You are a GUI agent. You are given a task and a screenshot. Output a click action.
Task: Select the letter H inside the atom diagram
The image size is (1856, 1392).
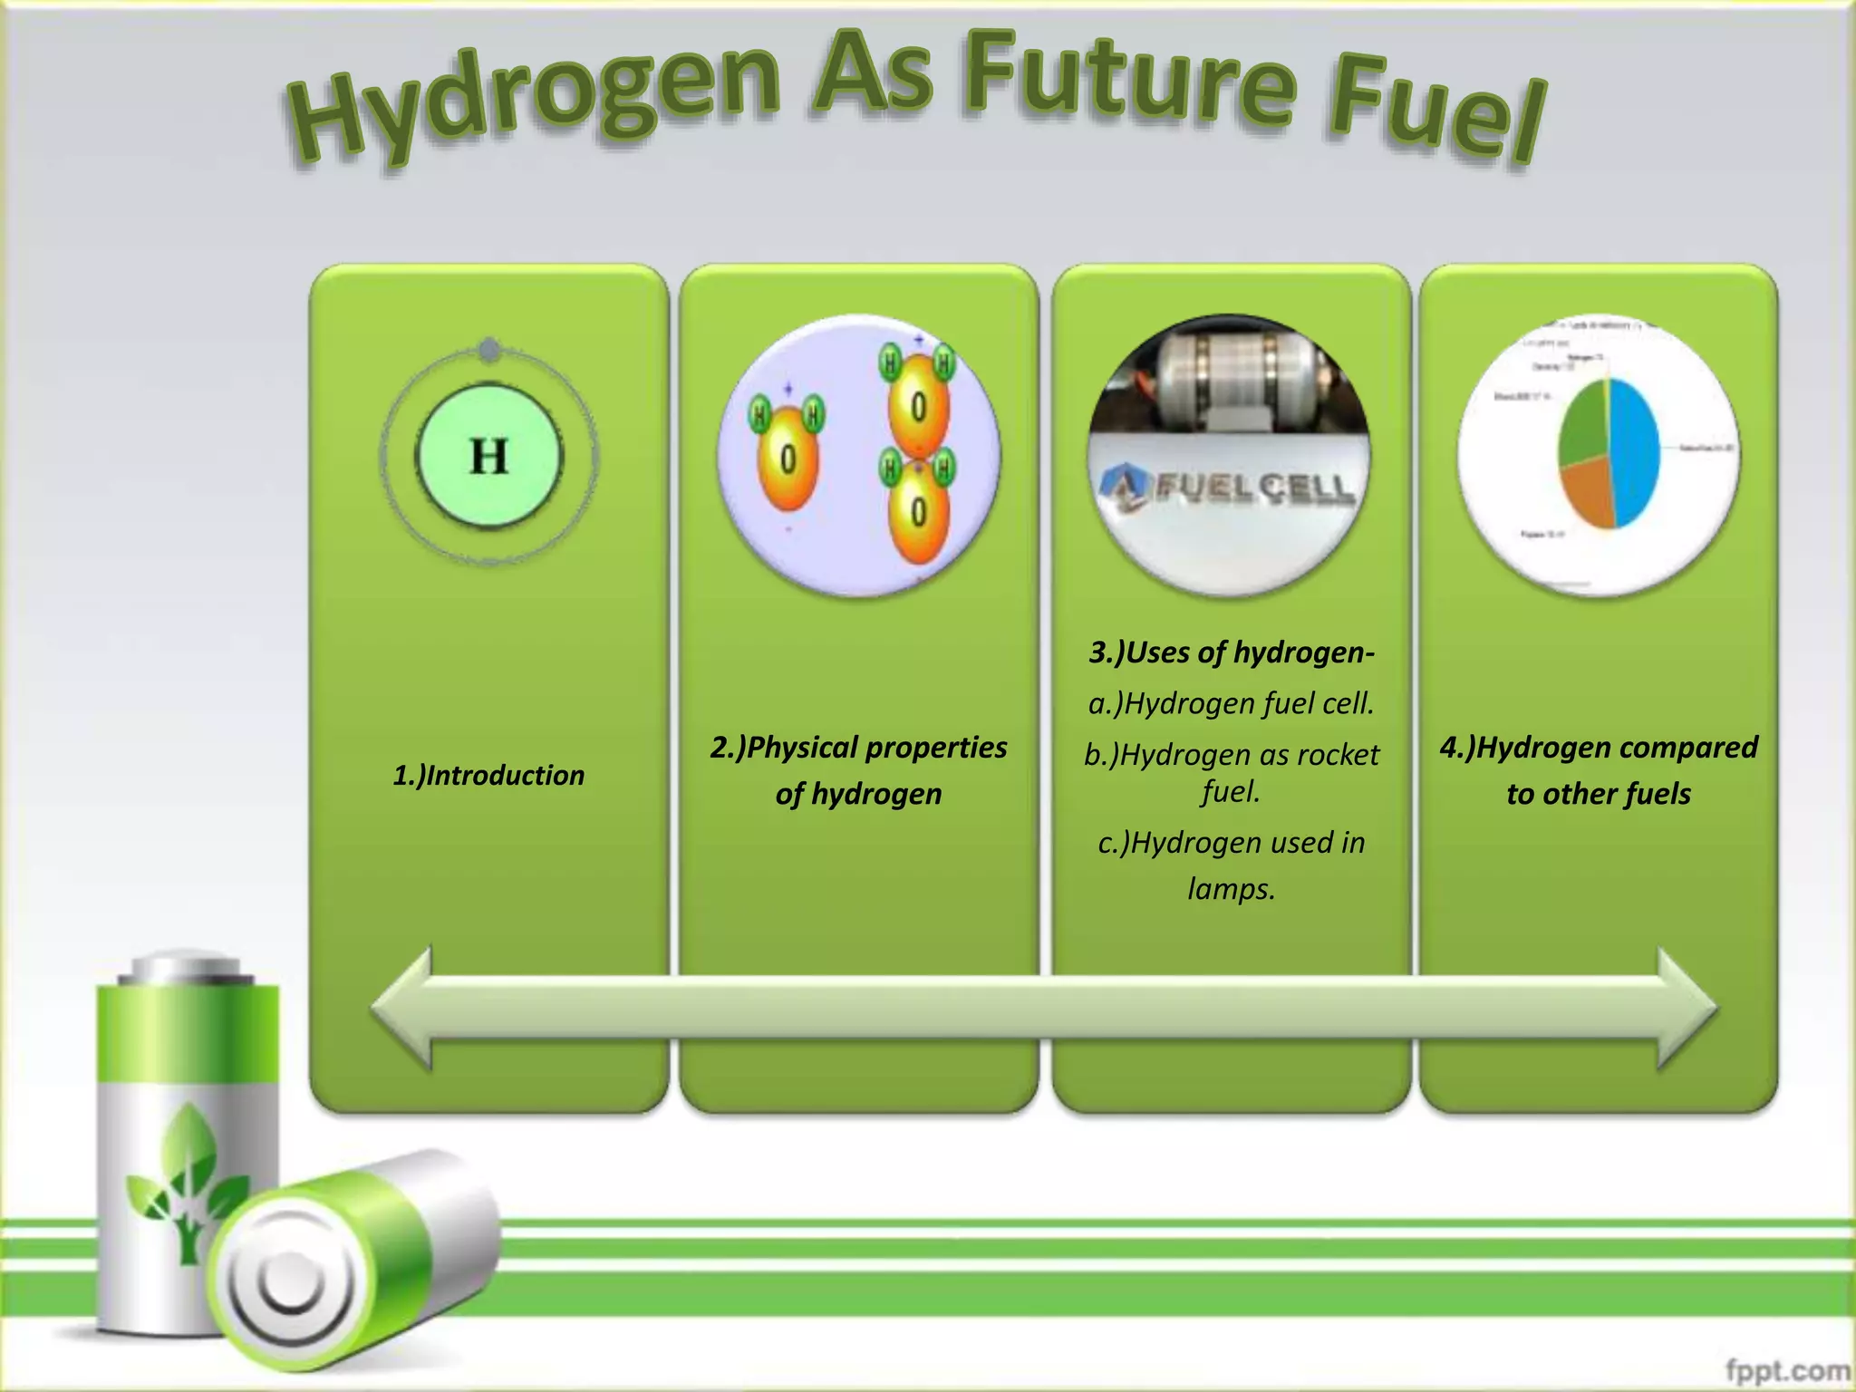(x=489, y=456)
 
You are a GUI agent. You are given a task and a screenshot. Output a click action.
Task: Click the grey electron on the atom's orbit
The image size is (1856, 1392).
(x=489, y=350)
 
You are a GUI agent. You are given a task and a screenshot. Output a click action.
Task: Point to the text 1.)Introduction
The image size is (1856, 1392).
(x=488, y=776)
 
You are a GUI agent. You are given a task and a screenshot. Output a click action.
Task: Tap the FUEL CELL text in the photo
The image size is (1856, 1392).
(x=1255, y=489)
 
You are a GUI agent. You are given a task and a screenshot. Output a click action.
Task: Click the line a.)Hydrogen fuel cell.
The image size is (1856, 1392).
(x=1232, y=704)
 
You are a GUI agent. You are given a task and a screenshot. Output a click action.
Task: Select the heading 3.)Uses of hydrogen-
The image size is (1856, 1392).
(x=1232, y=652)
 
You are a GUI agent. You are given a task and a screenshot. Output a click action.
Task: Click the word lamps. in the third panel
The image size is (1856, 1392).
(x=1232, y=889)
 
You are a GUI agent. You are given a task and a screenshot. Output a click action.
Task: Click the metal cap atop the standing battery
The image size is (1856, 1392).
(x=187, y=968)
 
